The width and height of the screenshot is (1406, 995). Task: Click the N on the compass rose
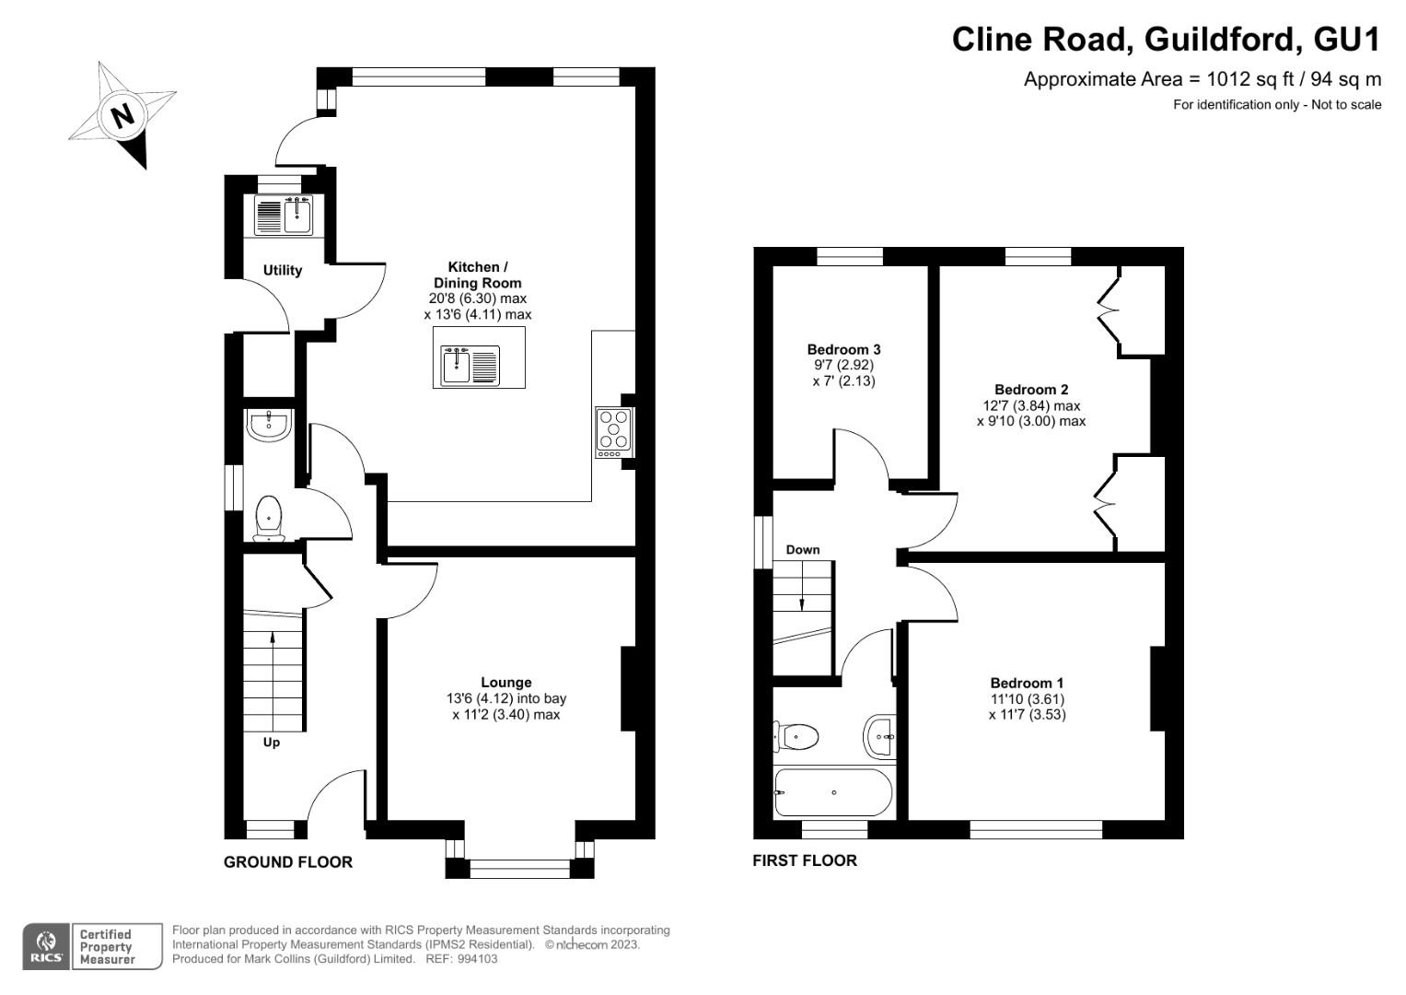[122, 116]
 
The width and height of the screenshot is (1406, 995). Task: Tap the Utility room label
[283, 270]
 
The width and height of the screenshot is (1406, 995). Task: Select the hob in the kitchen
[614, 433]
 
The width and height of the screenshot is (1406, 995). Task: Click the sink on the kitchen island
[471, 365]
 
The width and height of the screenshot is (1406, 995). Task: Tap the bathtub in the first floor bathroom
[833, 792]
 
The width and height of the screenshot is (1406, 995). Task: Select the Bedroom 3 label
[843, 349]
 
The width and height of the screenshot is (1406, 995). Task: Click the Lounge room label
[505, 682]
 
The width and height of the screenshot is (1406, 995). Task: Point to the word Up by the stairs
[271, 743]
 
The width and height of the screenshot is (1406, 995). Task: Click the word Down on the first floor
[803, 550]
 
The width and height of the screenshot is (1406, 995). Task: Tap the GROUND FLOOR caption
[288, 861]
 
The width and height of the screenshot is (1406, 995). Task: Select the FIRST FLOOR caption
[805, 860]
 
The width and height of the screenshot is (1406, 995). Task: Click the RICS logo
[46, 946]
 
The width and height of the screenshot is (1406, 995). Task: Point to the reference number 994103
[477, 959]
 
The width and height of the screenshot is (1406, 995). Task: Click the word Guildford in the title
[1220, 40]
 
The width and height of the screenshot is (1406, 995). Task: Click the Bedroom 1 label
[1027, 683]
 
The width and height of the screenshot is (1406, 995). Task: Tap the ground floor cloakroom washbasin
[269, 425]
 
